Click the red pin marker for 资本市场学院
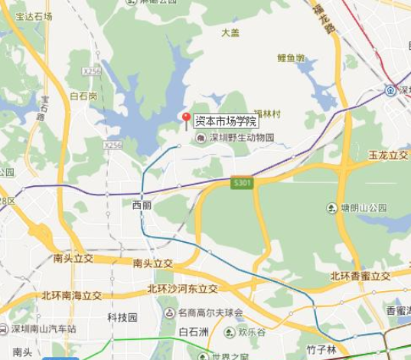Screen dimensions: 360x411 [x=184, y=116]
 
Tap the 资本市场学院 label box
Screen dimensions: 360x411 [x=226, y=119]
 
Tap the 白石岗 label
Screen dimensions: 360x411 [x=83, y=97]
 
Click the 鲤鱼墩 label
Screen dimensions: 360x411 [x=291, y=57]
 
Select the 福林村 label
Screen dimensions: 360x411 [x=268, y=115]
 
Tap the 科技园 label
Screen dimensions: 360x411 [x=121, y=316]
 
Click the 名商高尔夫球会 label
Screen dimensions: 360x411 [x=210, y=313]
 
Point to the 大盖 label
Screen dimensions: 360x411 [x=230, y=32]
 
